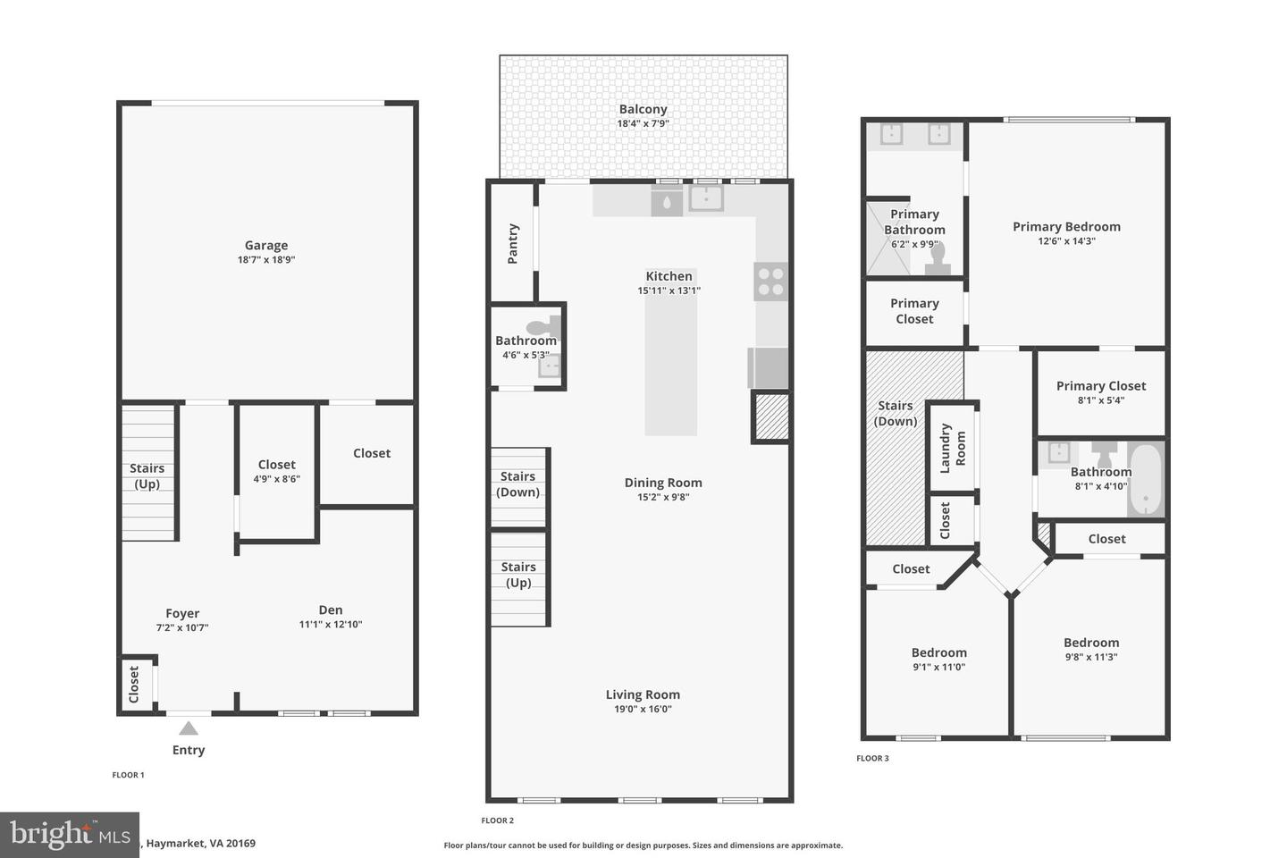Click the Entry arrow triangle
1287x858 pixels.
click(x=188, y=728)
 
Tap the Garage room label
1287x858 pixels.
click(x=266, y=246)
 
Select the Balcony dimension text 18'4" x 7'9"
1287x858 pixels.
click(x=643, y=124)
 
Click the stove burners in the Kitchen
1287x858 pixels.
click(x=770, y=282)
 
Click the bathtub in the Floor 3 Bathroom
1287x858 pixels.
click(x=1144, y=479)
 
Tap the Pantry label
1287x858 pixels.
click(x=513, y=243)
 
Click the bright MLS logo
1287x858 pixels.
click(x=70, y=834)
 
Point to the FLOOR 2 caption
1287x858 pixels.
click(x=497, y=820)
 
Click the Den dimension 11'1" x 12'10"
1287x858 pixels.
click(x=331, y=625)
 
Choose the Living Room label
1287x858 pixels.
click(x=643, y=694)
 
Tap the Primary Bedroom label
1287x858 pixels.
click(x=1066, y=227)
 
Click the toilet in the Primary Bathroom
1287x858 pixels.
click(x=938, y=257)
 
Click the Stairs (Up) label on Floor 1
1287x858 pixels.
click(x=147, y=475)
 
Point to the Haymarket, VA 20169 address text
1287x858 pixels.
click(x=201, y=843)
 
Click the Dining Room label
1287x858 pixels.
click(x=662, y=483)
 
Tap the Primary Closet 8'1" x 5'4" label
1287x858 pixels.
click(x=1100, y=386)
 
